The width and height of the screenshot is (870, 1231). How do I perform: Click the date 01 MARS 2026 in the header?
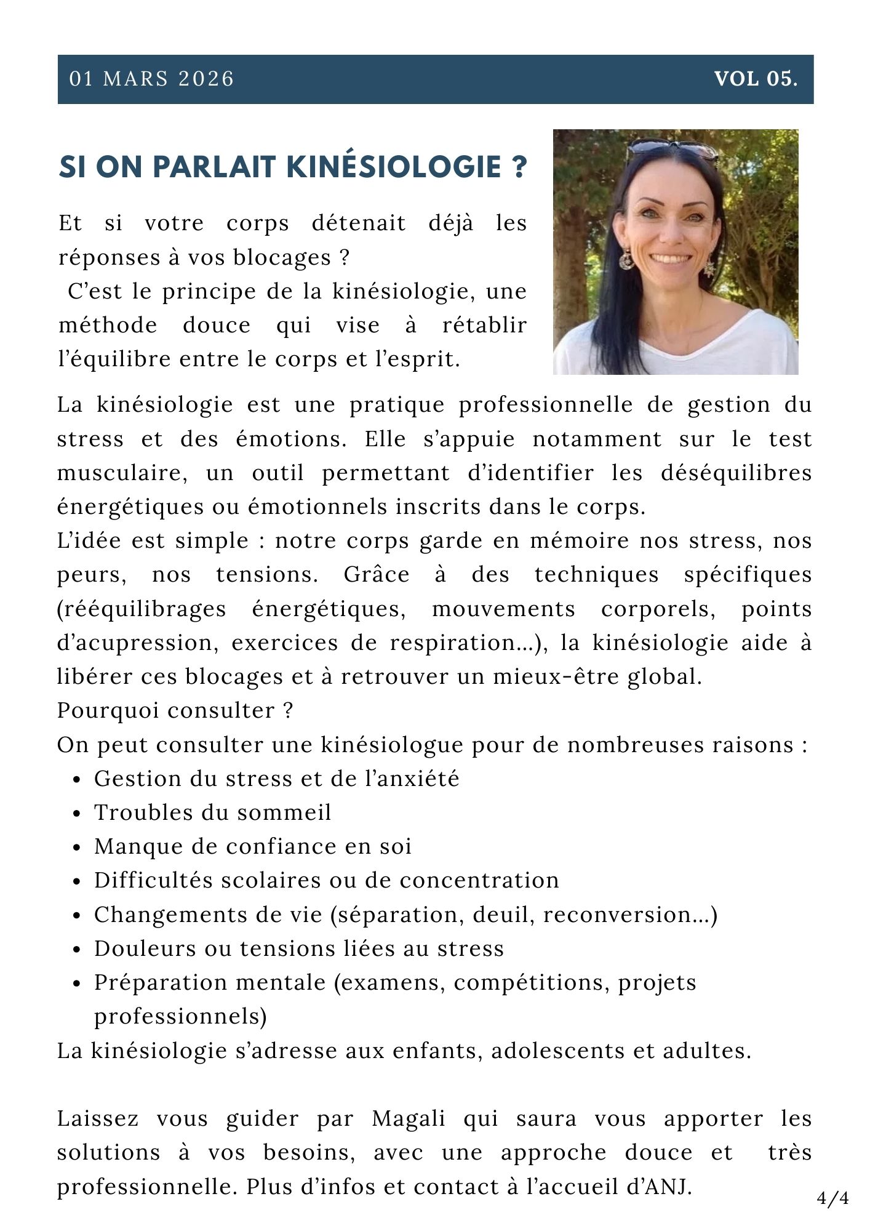tap(151, 79)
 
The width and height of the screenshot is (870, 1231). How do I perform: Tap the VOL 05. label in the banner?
tap(756, 79)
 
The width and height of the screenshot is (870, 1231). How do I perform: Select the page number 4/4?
tap(833, 1198)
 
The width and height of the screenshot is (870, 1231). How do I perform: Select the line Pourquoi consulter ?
tap(175, 710)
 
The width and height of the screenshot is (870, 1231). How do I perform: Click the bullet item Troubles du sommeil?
tap(212, 812)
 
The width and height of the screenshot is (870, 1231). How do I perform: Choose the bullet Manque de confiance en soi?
tap(252, 846)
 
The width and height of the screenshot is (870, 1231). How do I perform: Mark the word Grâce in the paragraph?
tap(377, 575)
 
